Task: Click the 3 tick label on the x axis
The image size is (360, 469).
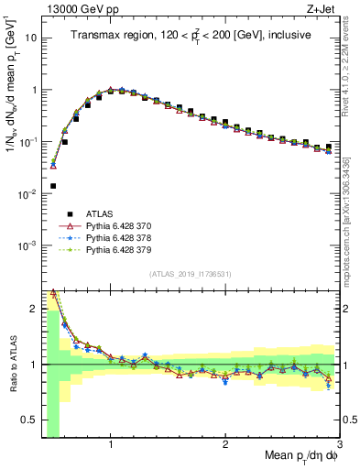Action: coord(338,444)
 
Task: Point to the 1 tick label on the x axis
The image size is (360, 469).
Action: coord(111,444)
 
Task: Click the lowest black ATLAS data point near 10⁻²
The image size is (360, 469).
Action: coord(53,186)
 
